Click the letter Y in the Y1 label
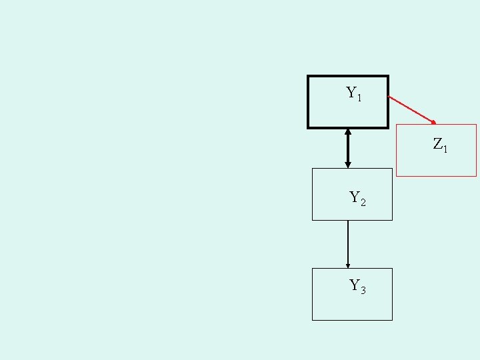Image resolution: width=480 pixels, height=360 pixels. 351,93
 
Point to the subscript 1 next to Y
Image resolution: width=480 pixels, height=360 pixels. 360,98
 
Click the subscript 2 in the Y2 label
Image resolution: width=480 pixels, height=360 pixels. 363,202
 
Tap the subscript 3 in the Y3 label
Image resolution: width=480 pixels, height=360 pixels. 363,291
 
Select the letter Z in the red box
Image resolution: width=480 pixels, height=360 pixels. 438,143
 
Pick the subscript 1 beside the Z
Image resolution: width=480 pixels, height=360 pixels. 445,149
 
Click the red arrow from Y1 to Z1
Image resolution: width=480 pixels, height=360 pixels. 411,109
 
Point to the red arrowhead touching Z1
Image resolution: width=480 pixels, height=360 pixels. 433,122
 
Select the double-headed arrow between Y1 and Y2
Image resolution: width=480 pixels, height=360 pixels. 348,148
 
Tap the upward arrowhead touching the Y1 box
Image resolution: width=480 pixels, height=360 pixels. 348,131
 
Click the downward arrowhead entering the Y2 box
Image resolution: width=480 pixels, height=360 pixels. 348,165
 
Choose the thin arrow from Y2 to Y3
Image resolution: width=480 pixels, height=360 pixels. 348,243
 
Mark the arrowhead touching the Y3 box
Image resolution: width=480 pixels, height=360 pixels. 348,265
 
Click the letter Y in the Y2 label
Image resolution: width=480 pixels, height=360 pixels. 355,197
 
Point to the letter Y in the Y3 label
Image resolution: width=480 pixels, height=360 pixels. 355,285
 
